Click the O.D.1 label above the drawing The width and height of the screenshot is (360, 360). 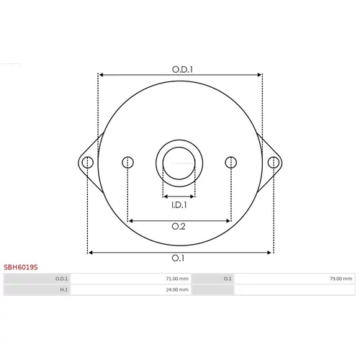pyautogui.click(x=182, y=69)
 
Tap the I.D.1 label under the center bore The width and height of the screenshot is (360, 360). pyautogui.click(x=179, y=205)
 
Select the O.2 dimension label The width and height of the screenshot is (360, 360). pyautogui.click(x=179, y=226)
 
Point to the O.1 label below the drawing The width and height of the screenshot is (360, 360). pyautogui.click(x=178, y=258)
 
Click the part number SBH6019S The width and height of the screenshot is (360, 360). pyautogui.click(x=21, y=267)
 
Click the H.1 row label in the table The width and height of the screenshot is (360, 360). pyautogui.click(x=64, y=289)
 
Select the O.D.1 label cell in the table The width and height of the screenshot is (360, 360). pyautogui.click(x=62, y=279)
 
